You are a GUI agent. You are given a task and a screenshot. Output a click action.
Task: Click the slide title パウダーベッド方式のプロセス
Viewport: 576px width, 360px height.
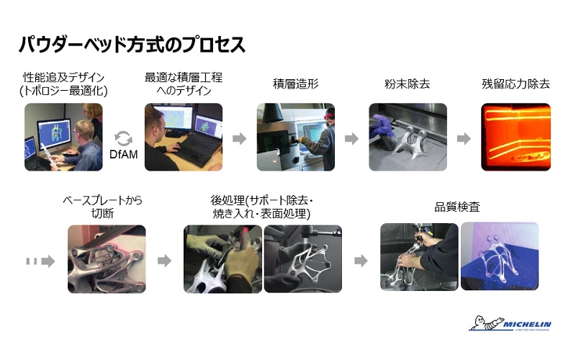point(132,45)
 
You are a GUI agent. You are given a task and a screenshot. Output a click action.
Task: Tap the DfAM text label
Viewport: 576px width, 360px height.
point(123,154)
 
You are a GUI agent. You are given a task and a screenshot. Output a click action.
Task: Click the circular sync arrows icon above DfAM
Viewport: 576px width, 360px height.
point(123,139)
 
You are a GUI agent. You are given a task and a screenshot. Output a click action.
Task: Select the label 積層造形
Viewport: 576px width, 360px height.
point(295,84)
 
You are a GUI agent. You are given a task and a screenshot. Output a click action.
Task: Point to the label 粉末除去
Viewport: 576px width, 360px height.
point(407,84)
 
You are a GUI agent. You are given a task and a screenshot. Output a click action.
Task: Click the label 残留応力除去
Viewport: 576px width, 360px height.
point(516,84)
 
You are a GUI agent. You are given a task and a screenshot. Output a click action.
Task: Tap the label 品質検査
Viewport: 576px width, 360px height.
point(457,207)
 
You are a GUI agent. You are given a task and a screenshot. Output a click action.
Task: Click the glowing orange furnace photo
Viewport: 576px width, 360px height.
point(516,137)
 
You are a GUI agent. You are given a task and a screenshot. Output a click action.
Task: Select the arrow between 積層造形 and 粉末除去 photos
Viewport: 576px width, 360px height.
point(351,138)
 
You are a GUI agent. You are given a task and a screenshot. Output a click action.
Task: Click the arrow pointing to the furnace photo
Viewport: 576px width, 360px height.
point(464,138)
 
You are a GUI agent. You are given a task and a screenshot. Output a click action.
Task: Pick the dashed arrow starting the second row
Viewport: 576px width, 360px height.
point(40,261)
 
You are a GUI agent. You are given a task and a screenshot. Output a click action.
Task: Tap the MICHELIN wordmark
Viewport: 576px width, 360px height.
point(527,325)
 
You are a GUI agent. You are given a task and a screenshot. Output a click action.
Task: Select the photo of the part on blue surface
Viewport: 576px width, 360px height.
point(500,256)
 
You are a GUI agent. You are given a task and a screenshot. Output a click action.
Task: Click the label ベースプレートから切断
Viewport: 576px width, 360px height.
point(102,207)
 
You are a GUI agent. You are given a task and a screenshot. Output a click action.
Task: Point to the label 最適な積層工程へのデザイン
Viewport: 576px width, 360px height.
point(184,84)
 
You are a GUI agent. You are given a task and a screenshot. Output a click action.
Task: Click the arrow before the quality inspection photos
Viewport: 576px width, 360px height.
point(361,261)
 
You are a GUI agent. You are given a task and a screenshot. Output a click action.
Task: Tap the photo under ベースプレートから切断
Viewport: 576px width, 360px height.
point(107,259)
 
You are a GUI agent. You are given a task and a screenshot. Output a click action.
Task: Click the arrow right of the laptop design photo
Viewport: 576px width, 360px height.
point(239,138)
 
